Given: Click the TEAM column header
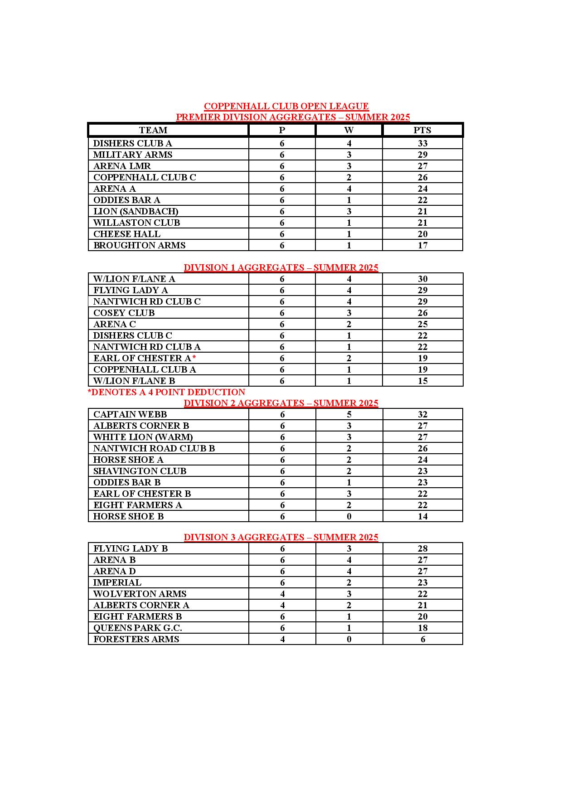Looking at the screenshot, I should [153, 130].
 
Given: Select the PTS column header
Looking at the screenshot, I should [422, 130].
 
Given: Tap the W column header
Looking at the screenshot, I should [349, 130].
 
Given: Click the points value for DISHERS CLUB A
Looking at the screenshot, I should [422, 143].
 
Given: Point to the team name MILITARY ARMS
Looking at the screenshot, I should [133, 155].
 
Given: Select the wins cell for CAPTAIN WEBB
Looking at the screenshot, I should [349, 414].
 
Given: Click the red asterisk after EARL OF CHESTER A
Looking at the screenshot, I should [194, 358].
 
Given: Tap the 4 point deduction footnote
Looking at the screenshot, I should [166, 392].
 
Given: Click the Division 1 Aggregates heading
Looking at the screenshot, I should [281, 267].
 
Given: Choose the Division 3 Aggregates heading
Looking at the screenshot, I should [281, 537].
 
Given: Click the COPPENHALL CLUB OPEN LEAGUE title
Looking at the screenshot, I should [286, 106].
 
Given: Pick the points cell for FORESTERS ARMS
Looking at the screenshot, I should [423, 639].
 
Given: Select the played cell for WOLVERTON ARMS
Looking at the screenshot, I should [282, 594].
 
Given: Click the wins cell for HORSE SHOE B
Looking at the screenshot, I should [349, 516].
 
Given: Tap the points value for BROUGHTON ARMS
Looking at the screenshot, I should [422, 245].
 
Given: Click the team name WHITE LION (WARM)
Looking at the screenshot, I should [143, 437].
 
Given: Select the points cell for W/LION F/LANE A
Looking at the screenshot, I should [422, 279].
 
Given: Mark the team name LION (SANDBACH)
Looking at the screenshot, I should [136, 211].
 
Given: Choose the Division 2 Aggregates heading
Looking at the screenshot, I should [281, 403].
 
